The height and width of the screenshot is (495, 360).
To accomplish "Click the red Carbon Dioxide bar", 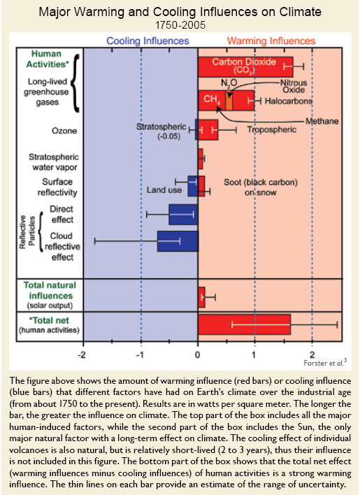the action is pos(245,66).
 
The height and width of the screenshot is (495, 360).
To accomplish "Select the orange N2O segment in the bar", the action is pos(229,101).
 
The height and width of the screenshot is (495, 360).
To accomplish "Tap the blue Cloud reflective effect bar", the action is pos(178,241).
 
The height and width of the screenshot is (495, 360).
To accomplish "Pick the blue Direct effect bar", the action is pos(183,215).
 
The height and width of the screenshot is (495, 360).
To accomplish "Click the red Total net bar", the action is pos(244,324).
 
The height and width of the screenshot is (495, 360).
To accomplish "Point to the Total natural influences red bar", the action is pos(201,297).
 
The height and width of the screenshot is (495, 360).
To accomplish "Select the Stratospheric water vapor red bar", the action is pos(201,159).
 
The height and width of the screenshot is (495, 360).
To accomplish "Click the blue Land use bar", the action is pos(193,186).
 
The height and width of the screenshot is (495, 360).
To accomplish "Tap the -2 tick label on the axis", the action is pos(81,355).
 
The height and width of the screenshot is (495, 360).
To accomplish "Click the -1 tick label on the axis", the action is pos(140,355).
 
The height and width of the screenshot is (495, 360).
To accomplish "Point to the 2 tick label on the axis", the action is pos(312,354).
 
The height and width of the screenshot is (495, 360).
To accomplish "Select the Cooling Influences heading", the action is pos(147,41).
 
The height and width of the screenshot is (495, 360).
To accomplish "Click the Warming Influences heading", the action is pos(271,41).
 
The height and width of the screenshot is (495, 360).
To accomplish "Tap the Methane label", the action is pos(322,121).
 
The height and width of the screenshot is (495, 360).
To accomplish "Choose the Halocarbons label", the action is pos(289,101).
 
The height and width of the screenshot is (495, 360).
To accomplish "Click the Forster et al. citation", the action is pos(325,363).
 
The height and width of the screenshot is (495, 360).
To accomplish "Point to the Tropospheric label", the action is pos(272,129).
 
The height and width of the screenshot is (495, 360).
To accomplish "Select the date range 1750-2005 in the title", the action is pos(180,25).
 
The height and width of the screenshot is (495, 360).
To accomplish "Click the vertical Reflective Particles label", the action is pos(27,232).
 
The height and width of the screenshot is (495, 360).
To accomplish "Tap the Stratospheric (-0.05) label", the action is pos(161,131).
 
